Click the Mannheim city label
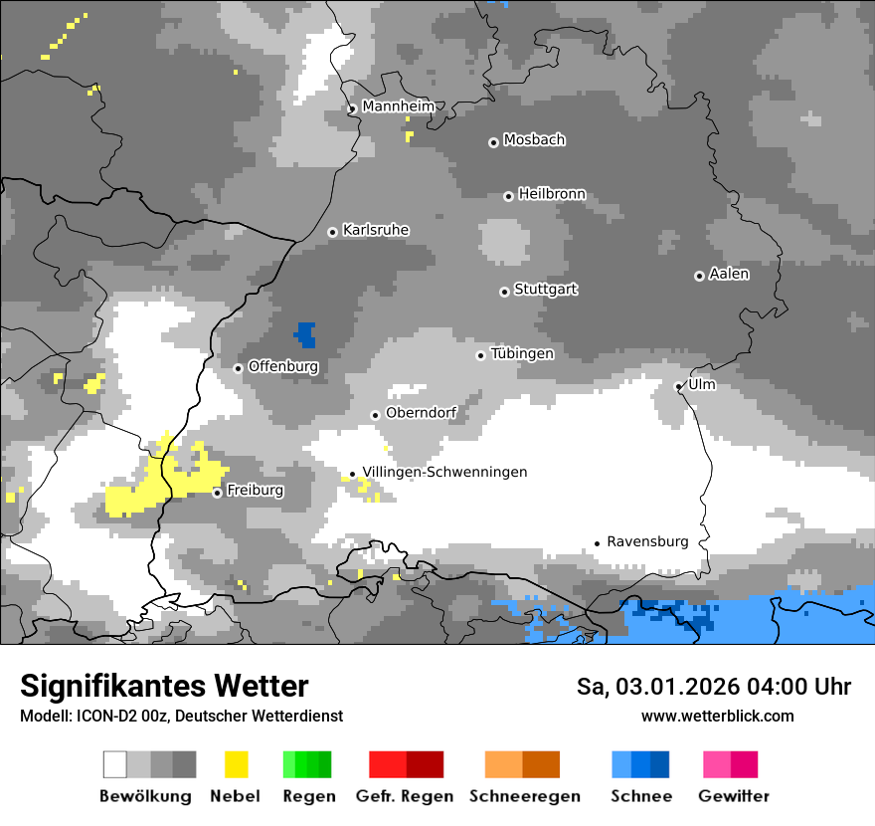click(398, 106)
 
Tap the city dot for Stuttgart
click(504, 292)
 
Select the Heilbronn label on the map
click(552, 194)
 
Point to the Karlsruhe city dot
click(333, 232)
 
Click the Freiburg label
click(255, 491)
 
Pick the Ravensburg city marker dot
click(597, 543)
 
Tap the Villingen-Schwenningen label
click(444, 472)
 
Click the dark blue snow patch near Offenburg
click(305, 334)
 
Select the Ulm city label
click(701, 384)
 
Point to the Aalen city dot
click(699, 276)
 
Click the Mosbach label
click(534, 140)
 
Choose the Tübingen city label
click(522, 353)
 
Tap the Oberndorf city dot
click(375, 415)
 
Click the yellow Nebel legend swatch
click(236, 764)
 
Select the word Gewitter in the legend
click(734, 796)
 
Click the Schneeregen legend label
click(524, 796)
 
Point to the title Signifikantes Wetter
click(164, 686)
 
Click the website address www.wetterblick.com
click(717, 716)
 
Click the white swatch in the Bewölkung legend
click(115, 764)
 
